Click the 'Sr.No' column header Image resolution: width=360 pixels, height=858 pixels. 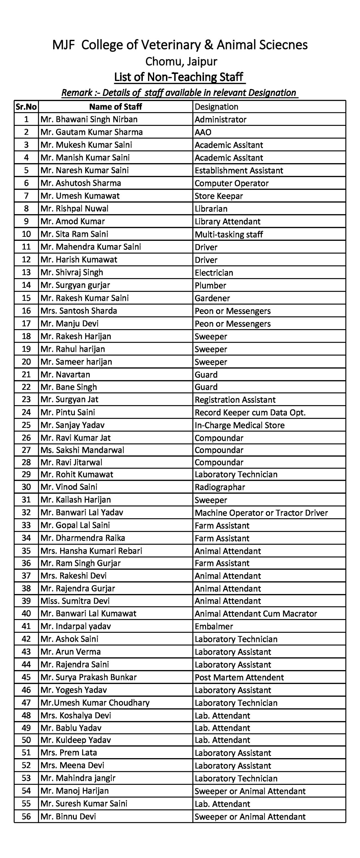26,107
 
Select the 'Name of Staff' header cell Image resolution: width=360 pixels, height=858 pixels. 115,107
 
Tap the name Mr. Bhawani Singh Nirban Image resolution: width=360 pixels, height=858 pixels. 89,119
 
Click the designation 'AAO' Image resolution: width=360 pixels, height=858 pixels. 203,132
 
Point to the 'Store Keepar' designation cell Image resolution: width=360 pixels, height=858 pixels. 219,196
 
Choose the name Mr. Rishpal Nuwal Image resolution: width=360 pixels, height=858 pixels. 74,208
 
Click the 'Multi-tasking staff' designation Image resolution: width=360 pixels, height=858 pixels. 229,234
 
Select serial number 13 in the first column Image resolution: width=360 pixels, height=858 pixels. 26,272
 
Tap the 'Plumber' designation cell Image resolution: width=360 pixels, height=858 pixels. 210,285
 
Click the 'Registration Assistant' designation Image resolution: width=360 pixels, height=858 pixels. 235,400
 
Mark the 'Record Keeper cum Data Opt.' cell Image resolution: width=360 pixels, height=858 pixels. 250,412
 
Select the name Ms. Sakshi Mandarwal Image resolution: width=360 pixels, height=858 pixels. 82,450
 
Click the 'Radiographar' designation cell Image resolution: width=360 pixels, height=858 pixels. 220,487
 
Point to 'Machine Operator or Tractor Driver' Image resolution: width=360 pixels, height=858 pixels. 261,513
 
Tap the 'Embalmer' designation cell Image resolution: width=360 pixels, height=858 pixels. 213,626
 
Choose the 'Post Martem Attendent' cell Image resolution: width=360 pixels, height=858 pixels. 239,677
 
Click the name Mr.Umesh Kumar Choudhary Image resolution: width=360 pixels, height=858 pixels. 95,702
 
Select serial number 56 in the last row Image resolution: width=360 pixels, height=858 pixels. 26,816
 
